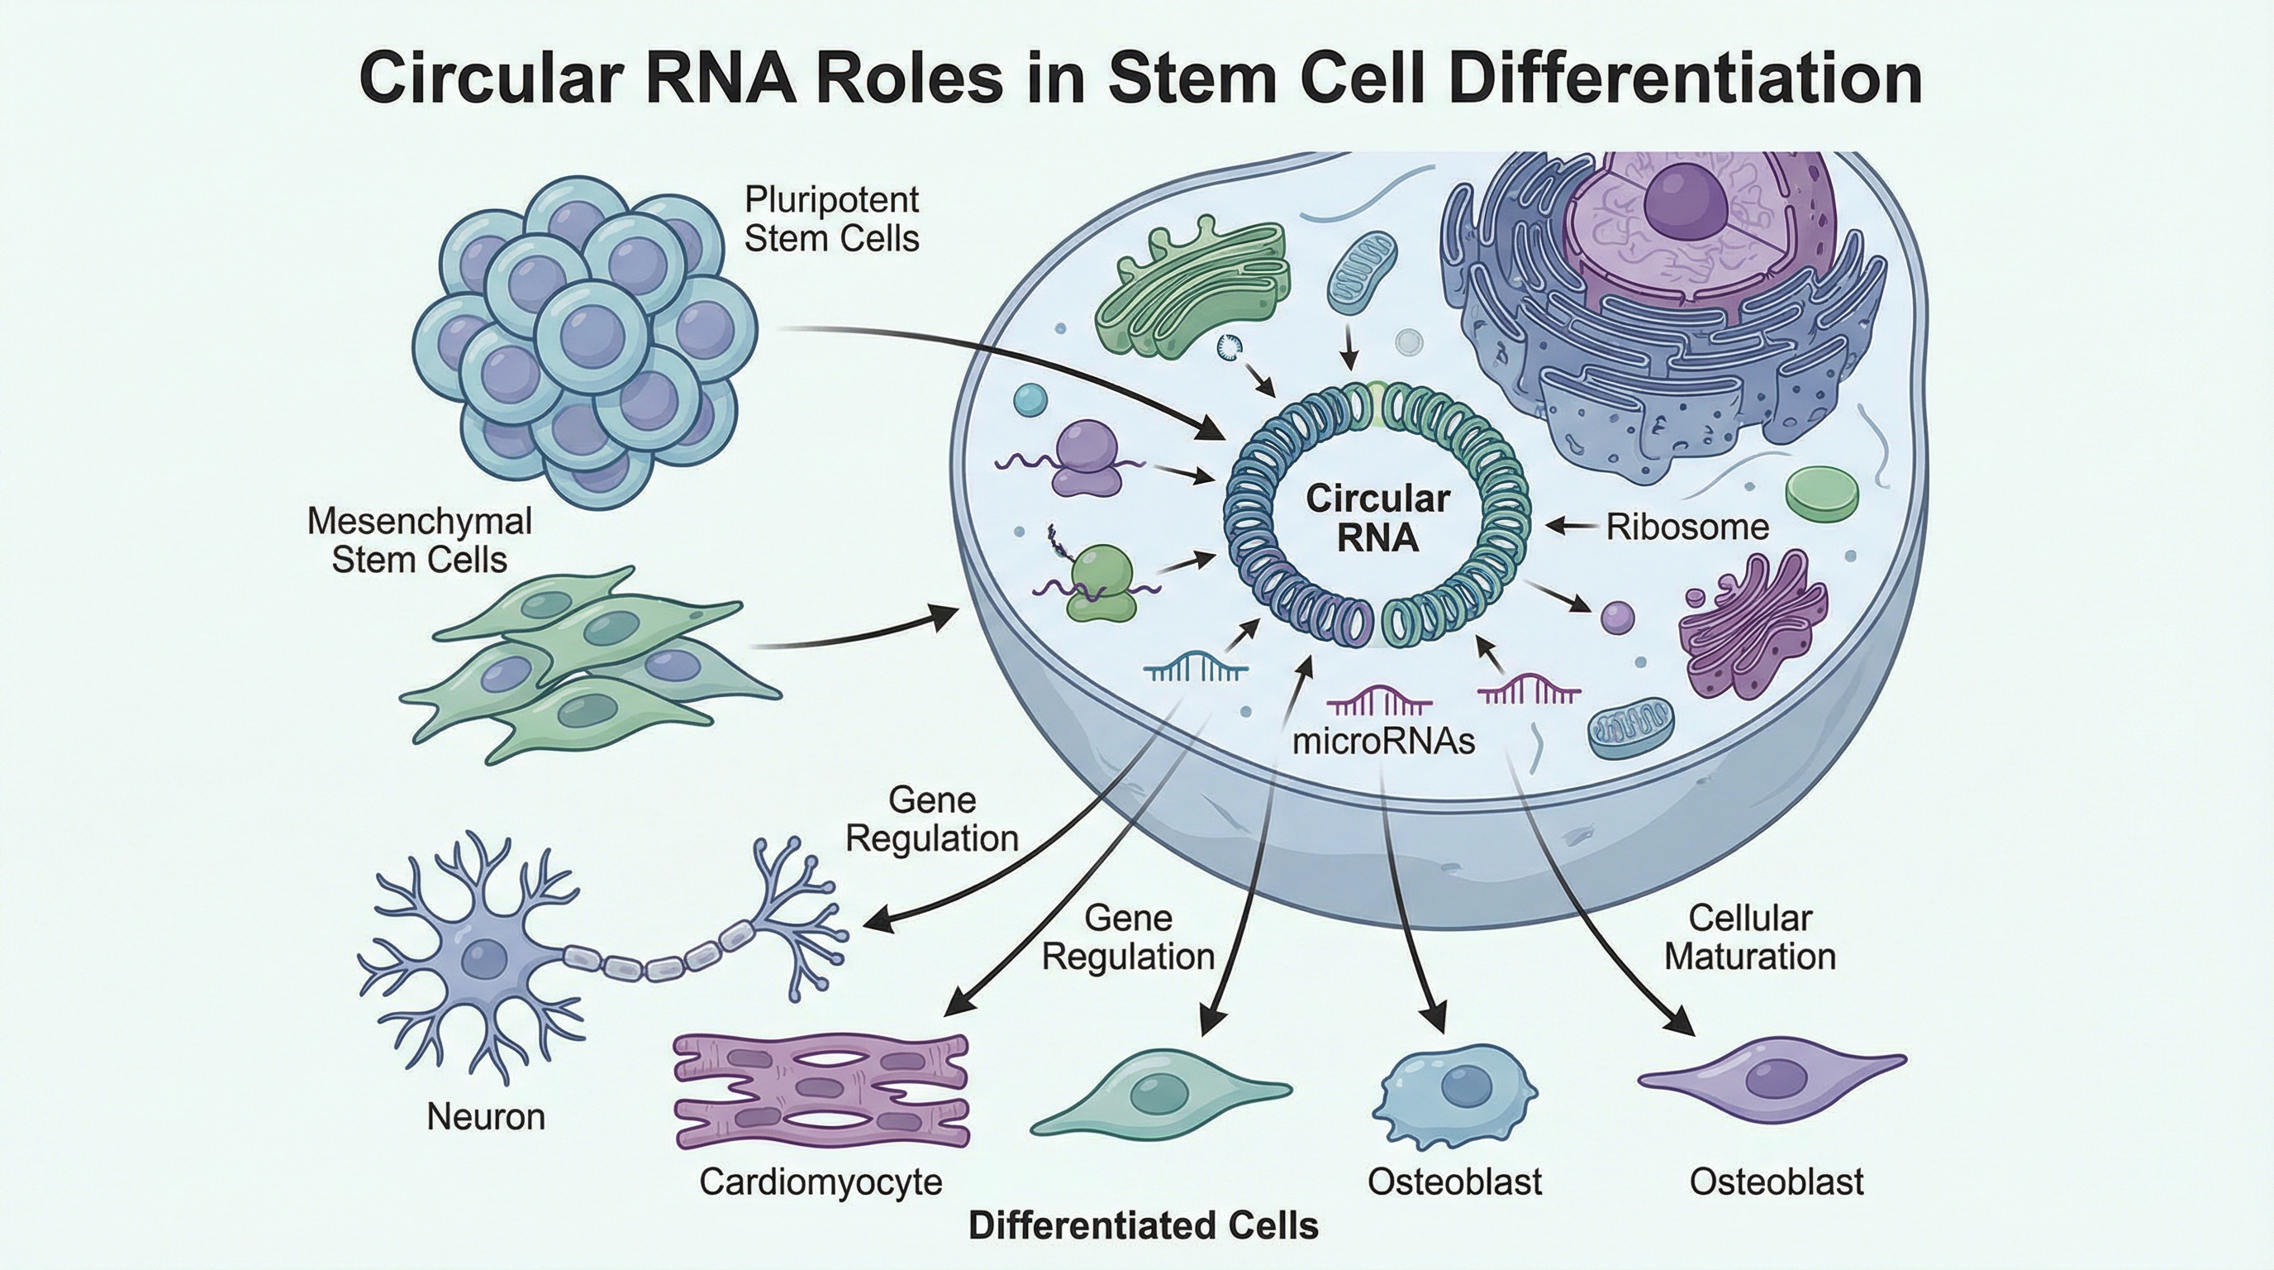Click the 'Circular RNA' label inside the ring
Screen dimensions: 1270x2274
[1377, 518]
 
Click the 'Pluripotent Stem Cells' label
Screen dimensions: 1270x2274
[830, 219]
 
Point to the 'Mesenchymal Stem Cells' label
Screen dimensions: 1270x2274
[419, 541]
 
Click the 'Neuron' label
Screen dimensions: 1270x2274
[486, 1117]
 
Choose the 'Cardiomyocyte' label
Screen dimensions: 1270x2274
[820, 1182]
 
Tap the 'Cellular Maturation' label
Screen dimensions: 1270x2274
[1749, 937]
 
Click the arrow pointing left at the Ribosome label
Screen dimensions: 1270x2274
[1572, 528]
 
